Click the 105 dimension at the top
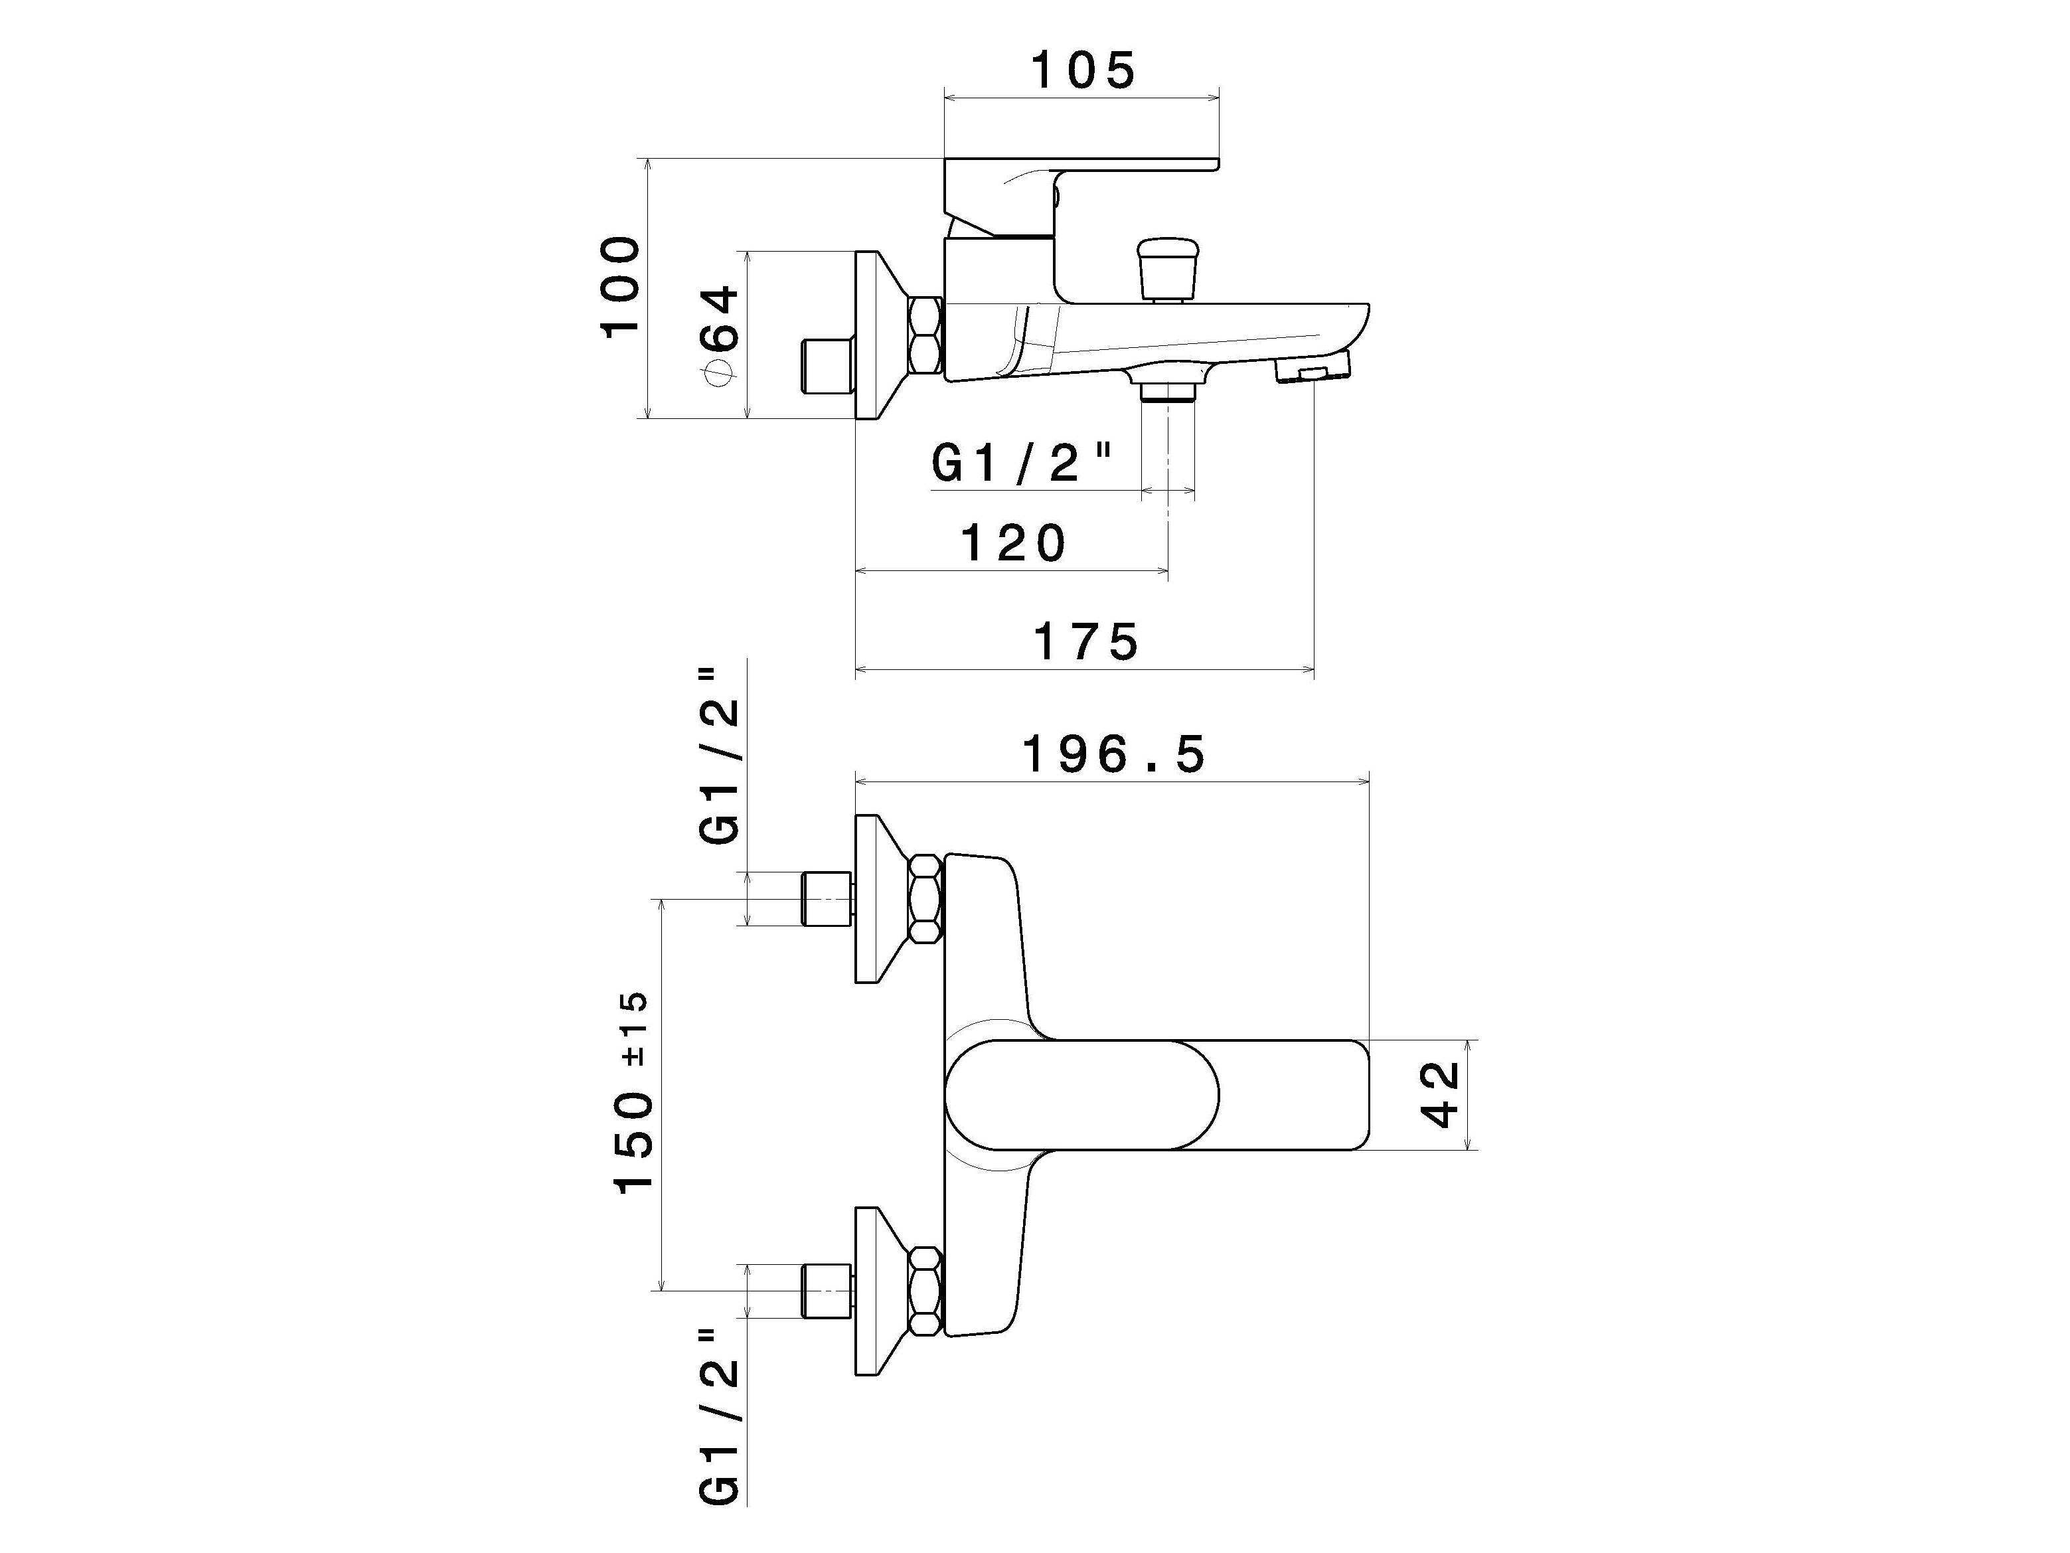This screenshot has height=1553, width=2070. (x=1083, y=70)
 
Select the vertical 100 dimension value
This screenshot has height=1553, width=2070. (x=621, y=287)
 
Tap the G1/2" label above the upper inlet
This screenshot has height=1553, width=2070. (x=720, y=756)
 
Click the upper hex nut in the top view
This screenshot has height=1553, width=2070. (x=925, y=898)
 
